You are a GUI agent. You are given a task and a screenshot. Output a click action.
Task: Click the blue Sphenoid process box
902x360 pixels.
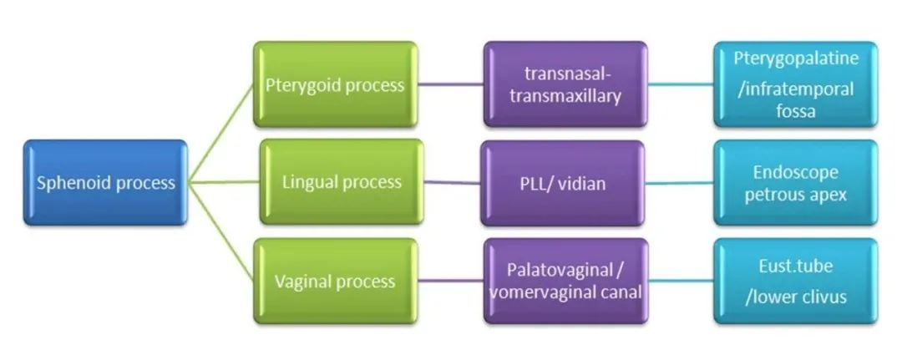(105, 182)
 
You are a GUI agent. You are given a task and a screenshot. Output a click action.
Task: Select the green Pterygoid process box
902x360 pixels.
(336, 84)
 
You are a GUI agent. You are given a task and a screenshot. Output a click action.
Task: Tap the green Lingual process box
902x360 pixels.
(342, 182)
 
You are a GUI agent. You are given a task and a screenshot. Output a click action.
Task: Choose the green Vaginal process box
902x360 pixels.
(336, 281)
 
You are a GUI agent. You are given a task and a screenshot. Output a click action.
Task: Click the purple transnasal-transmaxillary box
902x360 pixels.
(565, 84)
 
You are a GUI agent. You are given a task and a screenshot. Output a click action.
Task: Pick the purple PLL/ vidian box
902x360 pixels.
(563, 184)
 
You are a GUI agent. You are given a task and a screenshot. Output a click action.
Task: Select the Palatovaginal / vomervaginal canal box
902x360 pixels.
(565, 281)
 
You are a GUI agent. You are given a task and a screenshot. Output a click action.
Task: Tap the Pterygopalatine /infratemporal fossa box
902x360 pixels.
(796, 84)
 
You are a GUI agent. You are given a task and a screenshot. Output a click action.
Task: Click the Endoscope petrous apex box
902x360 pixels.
(796, 183)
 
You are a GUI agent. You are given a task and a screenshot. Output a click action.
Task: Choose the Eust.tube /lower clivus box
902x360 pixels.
(796, 281)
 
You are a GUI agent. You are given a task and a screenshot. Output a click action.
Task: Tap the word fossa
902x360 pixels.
(796, 110)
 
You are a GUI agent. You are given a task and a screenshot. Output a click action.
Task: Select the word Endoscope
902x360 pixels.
(796, 173)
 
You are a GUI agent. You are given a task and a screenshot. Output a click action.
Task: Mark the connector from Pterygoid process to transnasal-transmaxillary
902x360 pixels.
(450, 84)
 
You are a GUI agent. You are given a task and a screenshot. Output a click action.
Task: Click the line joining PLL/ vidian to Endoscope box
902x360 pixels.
(679, 184)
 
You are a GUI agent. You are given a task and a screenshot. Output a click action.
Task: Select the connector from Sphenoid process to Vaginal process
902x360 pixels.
(221, 231)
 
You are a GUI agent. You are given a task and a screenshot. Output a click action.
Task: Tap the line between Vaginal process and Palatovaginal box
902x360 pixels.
(450, 281)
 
